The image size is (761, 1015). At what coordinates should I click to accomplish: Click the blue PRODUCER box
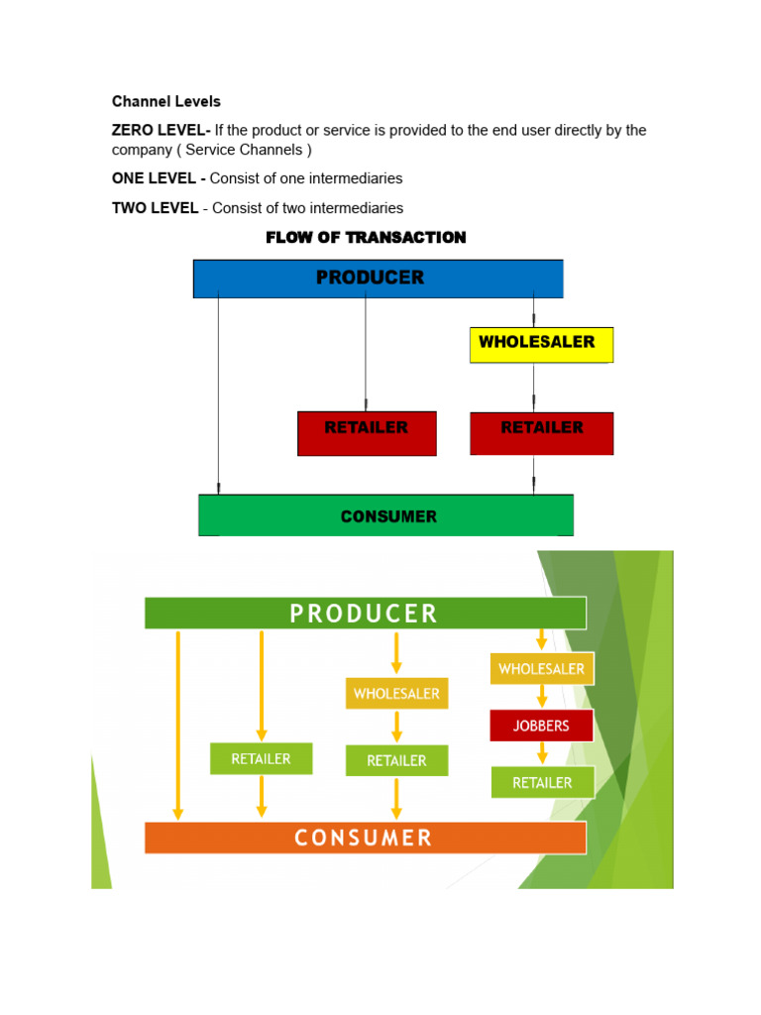[378, 279]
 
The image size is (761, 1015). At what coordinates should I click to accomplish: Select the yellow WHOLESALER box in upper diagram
[541, 344]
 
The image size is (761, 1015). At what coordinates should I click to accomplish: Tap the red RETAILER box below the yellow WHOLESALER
[541, 433]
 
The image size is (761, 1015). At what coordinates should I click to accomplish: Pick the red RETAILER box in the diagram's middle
[367, 433]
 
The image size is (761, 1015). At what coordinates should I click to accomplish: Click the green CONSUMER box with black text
[385, 515]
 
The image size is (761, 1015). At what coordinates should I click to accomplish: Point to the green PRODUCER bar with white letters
[365, 613]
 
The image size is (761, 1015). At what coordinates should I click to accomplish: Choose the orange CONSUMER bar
[365, 838]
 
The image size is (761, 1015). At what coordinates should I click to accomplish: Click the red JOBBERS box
[541, 726]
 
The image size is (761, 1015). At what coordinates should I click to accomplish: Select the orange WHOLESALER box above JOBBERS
[541, 669]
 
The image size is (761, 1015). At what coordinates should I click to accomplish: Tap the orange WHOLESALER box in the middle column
[396, 693]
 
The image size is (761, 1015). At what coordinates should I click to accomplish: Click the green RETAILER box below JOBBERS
[542, 782]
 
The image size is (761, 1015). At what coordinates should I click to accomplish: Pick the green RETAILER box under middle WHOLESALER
[396, 760]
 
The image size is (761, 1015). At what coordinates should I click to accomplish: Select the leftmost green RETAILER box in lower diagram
[261, 759]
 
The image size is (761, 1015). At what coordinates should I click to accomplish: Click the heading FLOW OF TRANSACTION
[366, 238]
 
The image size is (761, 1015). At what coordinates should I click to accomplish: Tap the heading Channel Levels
[165, 101]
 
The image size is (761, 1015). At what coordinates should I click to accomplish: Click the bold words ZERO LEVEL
[159, 131]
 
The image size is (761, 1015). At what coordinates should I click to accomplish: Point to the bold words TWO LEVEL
[155, 208]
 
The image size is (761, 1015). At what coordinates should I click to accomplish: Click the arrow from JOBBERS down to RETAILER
[542, 753]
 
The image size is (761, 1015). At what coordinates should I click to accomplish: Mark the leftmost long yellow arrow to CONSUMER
[178, 724]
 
